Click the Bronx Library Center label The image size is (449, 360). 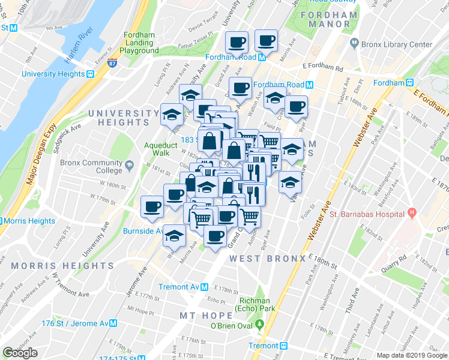[x=396, y=44]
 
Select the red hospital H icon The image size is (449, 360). [x=412, y=213]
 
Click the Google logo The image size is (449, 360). [x=20, y=353]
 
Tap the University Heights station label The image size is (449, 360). [x=52, y=74]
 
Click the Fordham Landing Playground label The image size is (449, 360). [x=139, y=43]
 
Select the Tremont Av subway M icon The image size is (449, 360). [x=204, y=287]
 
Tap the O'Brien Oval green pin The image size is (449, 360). [x=260, y=326]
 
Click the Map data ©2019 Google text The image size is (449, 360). [x=411, y=355]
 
